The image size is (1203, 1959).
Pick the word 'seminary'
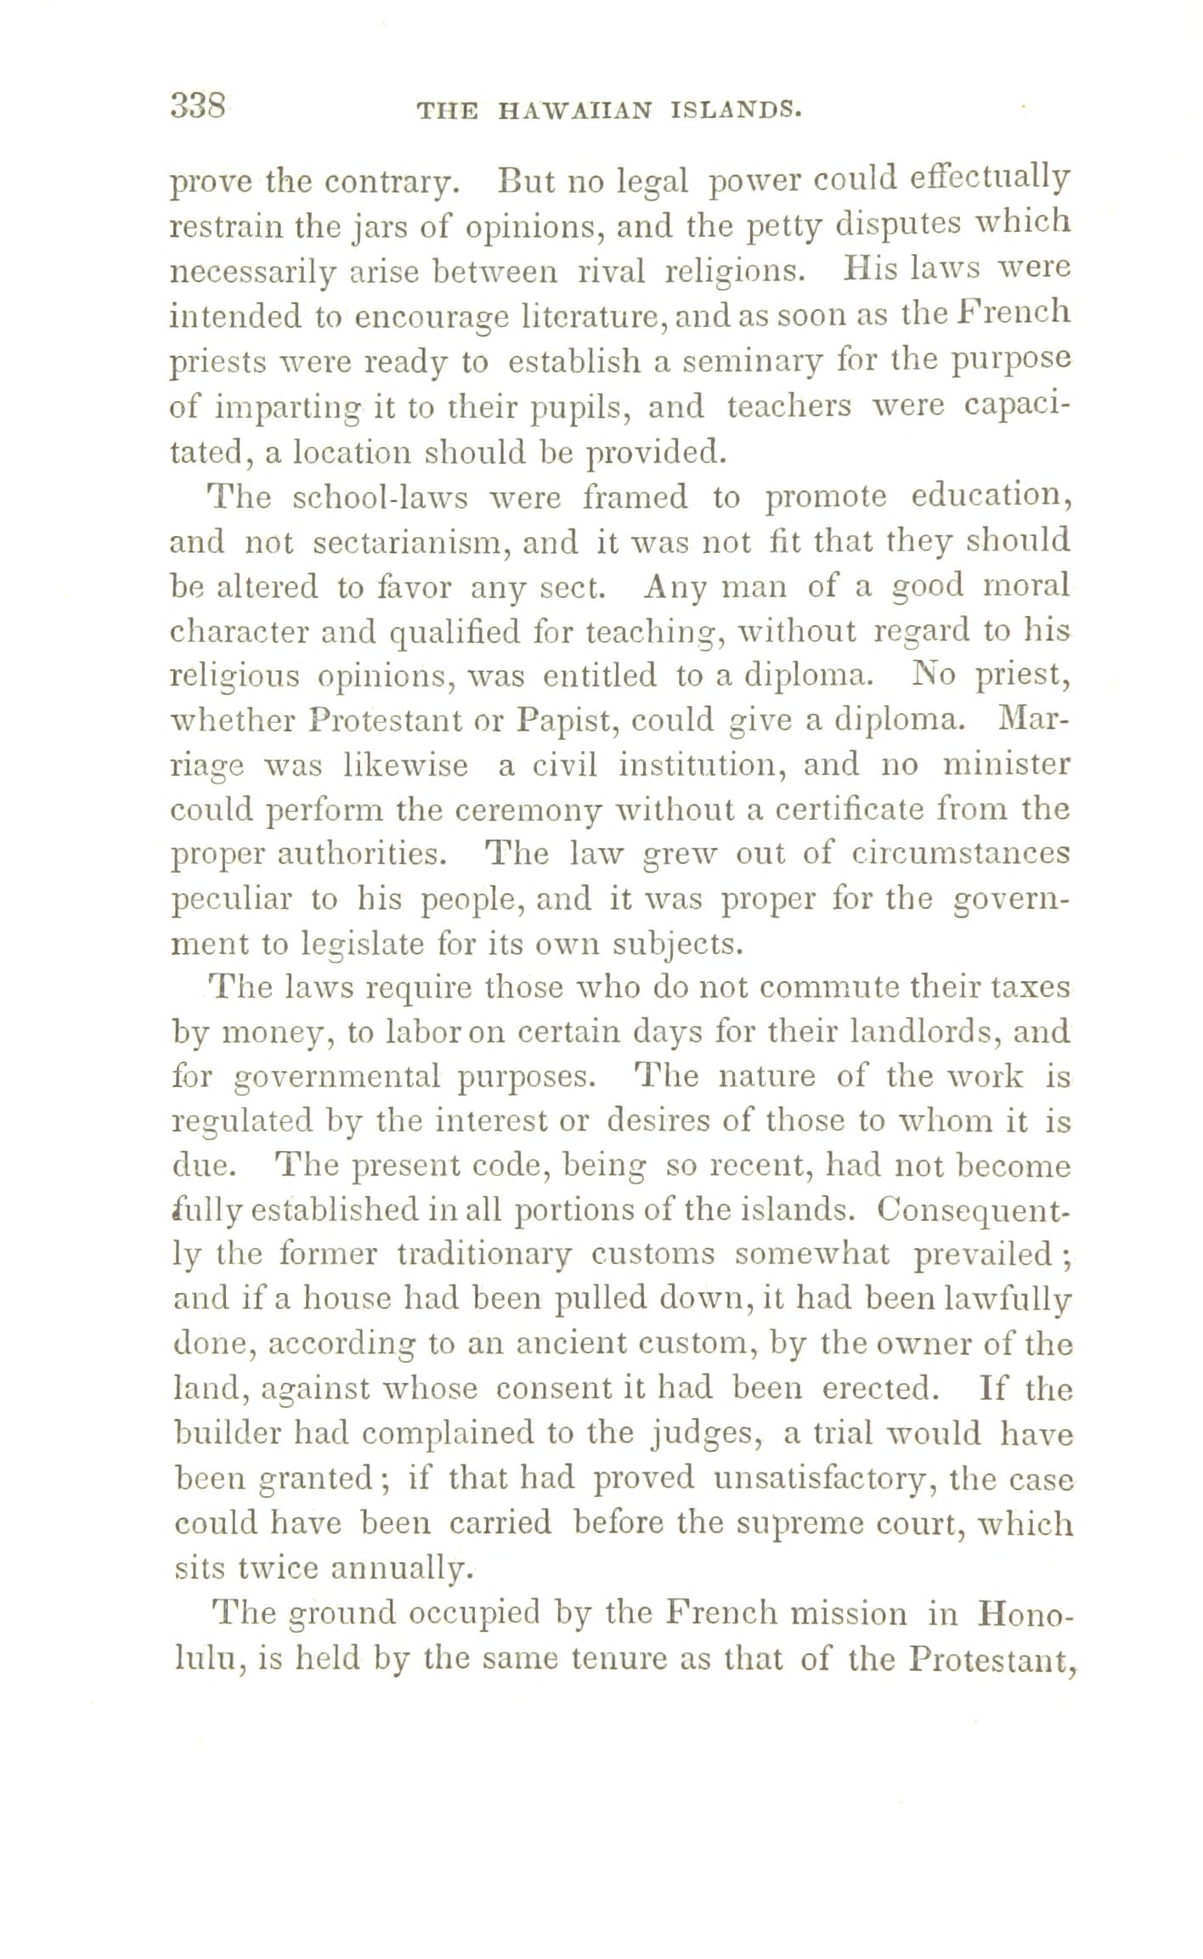(732, 363)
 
